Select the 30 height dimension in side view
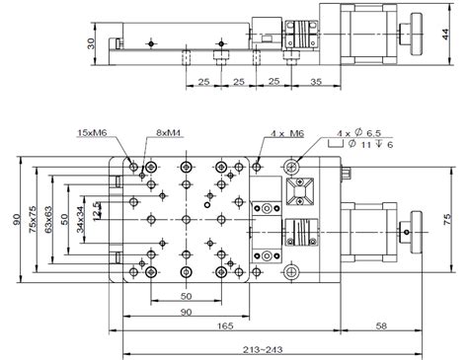(90, 43)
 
